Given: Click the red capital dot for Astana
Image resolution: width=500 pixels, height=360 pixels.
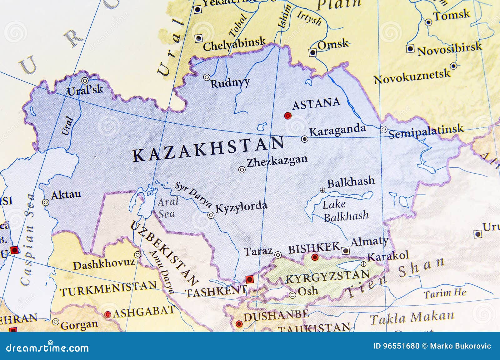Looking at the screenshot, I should click(288, 116).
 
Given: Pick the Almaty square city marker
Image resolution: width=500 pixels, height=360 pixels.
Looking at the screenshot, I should click(345, 250).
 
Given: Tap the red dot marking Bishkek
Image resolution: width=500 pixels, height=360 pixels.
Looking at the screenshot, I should click(315, 257).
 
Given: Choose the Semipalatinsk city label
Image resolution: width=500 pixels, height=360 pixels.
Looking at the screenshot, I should click(426, 131).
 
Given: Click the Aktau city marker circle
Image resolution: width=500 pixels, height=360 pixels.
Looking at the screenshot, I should click(46, 202).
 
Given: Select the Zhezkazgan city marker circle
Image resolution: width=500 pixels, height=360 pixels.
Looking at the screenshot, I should click(242, 170).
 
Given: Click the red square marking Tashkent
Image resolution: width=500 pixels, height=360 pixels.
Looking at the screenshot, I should click(249, 279).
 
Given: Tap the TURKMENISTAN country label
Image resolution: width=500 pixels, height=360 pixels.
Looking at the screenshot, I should click(108, 289).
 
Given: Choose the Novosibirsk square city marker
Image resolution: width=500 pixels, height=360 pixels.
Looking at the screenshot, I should click(410, 49).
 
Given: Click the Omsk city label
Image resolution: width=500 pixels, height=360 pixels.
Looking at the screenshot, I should click(332, 45).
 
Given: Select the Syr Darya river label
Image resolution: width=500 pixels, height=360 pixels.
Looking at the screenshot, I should click(193, 194).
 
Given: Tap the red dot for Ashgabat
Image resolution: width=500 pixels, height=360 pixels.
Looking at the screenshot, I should click(108, 314).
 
